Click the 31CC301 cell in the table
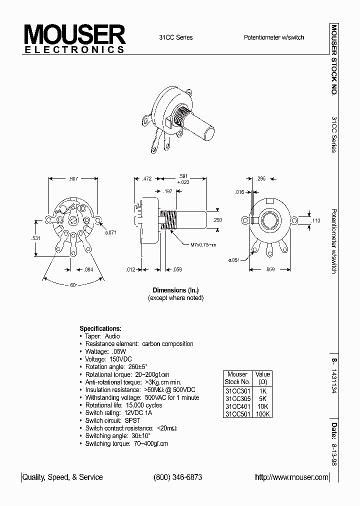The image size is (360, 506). click(x=237, y=390)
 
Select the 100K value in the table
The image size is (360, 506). click(x=262, y=414)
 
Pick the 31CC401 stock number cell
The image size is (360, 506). click(x=237, y=406)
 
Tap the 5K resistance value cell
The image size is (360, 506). click(x=262, y=398)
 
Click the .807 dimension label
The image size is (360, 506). click(x=74, y=178)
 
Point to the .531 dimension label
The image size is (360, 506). click(x=35, y=238)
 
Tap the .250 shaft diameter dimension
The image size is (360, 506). click(x=217, y=220)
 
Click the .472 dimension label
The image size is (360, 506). click(x=146, y=178)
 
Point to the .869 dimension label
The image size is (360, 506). click(x=270, y=270)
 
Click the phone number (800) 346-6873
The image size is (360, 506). click(x=178, y=477)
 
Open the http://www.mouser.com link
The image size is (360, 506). click(x=292, y=477)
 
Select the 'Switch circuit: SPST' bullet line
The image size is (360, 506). click(x=112, y=420)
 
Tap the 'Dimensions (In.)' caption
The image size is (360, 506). click(x=176, y=290)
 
